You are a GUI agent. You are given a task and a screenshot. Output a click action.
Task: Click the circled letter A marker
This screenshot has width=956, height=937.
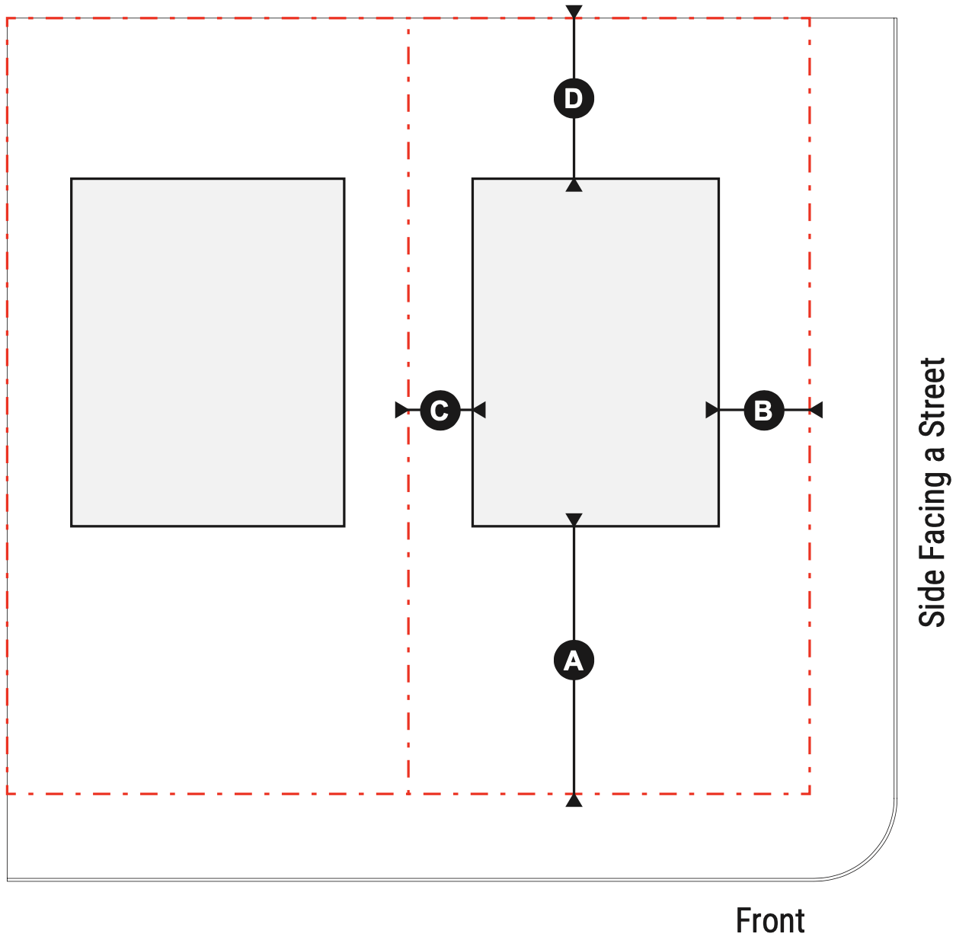click(x=574, y=660)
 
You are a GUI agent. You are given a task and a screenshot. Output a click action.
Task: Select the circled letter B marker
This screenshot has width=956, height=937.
click(x=763, y=411)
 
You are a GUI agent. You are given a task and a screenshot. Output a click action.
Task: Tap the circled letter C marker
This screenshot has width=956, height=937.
click(x=440, y=411)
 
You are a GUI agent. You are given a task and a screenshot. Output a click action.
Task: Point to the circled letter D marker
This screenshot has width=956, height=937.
click(x=574, y=98)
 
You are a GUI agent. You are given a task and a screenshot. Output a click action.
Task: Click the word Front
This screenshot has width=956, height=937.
click(x=770, y=920)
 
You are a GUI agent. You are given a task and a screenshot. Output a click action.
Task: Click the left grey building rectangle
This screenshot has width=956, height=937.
click(x=207, y=352)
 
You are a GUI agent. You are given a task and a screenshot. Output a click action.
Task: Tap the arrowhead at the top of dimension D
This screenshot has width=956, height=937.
click(x=574, y=12)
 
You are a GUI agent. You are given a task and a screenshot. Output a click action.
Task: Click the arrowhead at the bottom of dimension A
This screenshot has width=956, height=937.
click(x=574, y=800)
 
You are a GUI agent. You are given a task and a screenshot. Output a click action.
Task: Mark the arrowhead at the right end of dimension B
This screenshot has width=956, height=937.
click(x=816, y=411)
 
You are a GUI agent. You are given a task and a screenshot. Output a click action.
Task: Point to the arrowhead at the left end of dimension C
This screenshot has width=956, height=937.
click(x=401, y=411)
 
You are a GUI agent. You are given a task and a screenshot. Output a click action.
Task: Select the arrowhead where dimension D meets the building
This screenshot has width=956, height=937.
click(x=574, y=185)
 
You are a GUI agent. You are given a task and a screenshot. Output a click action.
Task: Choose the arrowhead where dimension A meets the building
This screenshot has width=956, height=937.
click(x=574, y=520)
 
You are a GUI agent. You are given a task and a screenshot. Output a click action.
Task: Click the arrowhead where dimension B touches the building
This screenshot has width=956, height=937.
click(x=712, y=411)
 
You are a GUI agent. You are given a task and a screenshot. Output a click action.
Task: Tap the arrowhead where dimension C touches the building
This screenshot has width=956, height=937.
click(x=479, y=411)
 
